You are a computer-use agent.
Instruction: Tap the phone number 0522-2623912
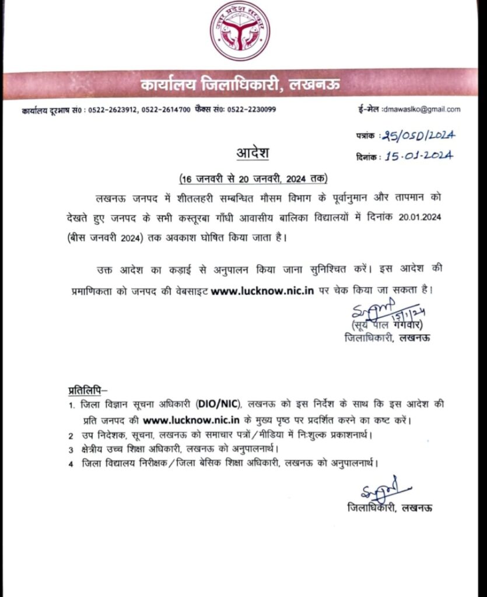(x=113, y=110)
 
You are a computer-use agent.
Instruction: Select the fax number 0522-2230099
(x=252, y=110)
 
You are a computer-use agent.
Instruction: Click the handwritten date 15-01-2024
(x=417, y=156)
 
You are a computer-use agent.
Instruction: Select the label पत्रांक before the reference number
(x=367, y=136)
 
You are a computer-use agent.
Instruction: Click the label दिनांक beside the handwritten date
(x=367, y=156)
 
